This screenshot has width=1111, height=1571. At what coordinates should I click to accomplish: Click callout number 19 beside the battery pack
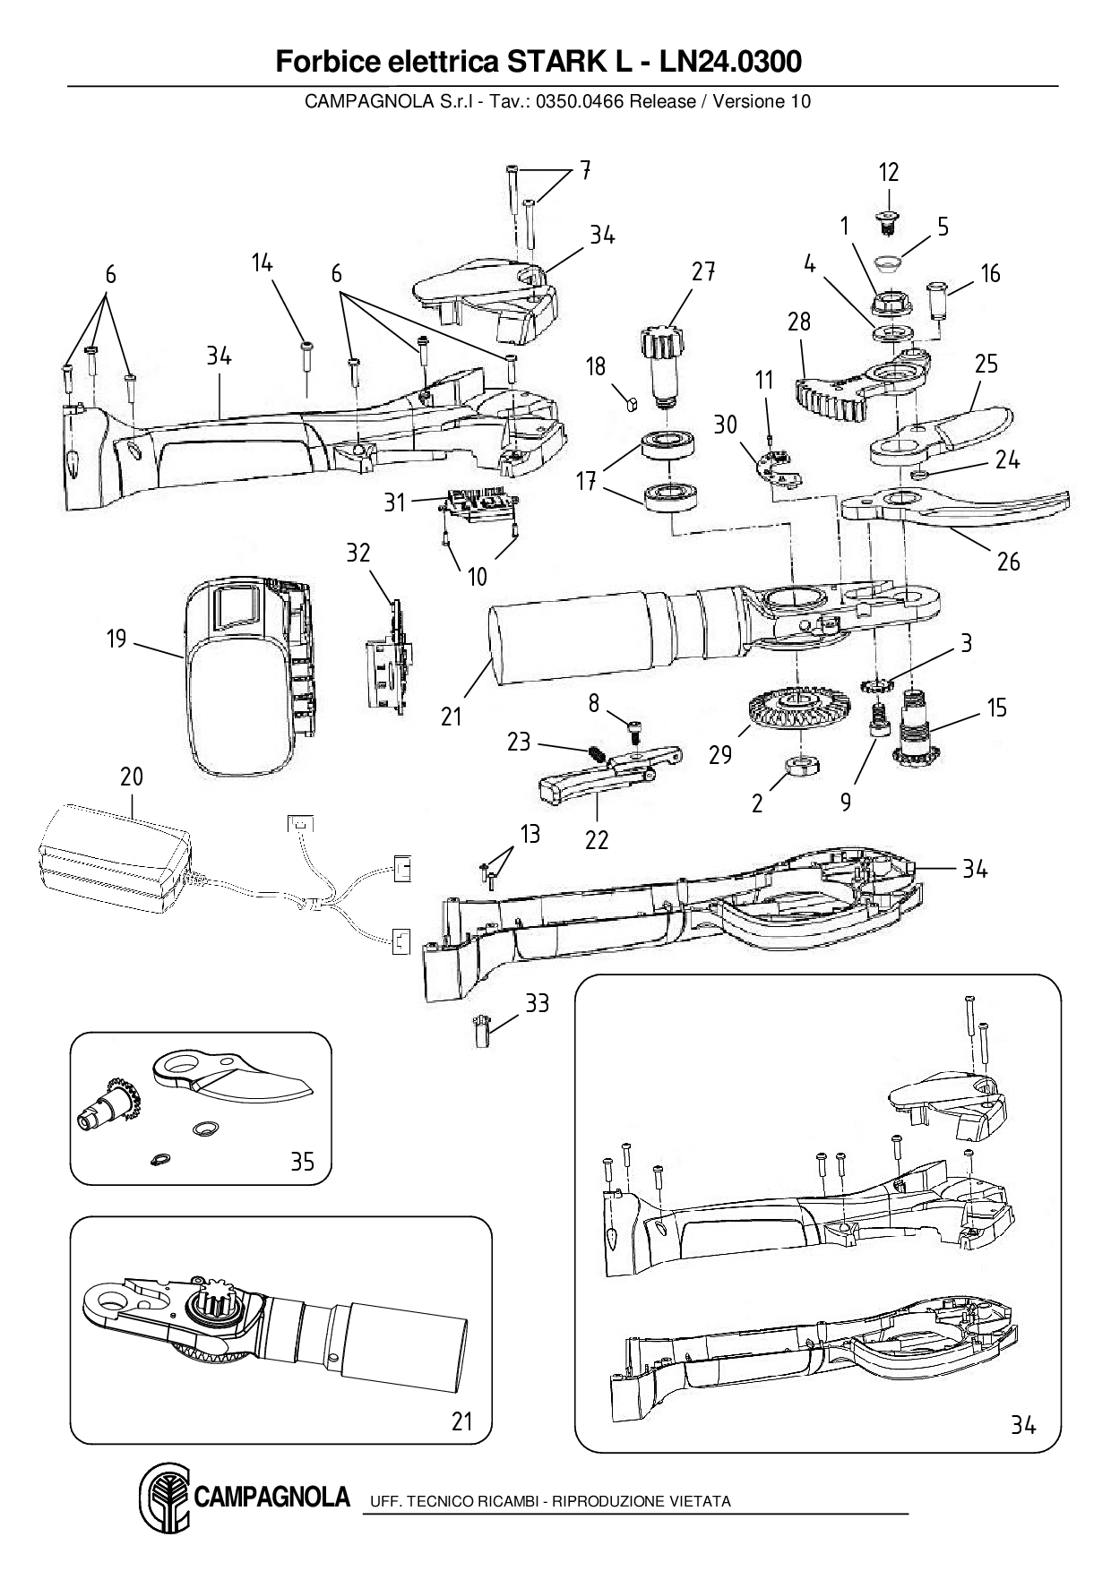(116, 640)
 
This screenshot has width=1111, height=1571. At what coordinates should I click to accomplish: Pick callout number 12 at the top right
(888, 172)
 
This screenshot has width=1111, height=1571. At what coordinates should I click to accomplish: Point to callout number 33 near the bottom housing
(537, 1003)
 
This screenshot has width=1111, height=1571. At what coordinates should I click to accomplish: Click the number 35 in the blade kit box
(302, 1162)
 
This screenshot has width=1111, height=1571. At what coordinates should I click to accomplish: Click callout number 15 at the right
(997, 708)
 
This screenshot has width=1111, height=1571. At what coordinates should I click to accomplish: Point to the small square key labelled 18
(632, 402)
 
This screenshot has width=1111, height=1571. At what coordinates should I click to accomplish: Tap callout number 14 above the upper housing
(262, 263)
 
